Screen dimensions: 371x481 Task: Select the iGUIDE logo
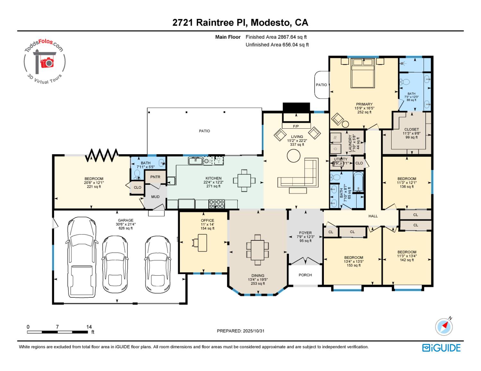click(x=441, y=348)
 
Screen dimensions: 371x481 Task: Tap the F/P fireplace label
click(x=296, y=126)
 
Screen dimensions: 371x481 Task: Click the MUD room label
click(x=155, y=197)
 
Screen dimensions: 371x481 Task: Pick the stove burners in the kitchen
click(x=217, y=204)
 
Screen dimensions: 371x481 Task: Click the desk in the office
click(x=202, y=243)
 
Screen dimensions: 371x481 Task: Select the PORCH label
click(x=305, y=275)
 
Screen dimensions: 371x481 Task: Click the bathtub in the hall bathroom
click(x=358, y=181)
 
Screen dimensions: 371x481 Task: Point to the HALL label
click(x=373, y=216)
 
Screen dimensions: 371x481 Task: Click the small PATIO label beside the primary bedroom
click(x=321, y=85)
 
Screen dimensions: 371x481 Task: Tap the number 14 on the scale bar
click(x=89, y=327)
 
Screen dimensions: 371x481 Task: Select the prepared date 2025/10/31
click(x=254, y=331)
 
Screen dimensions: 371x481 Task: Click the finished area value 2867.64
click(x=288, y=37)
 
